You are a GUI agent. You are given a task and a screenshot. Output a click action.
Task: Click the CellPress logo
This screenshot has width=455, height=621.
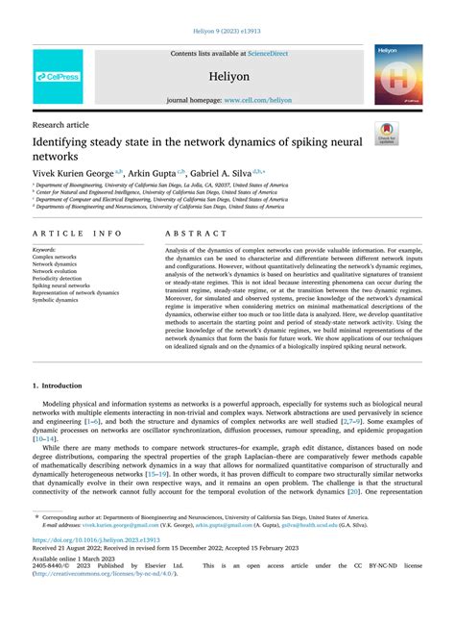tap(59, 76)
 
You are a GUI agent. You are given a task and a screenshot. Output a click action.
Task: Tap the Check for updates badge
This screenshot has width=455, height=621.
tap(386, 134)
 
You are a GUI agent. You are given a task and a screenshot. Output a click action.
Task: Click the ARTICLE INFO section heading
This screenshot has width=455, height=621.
tap(77, 234)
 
